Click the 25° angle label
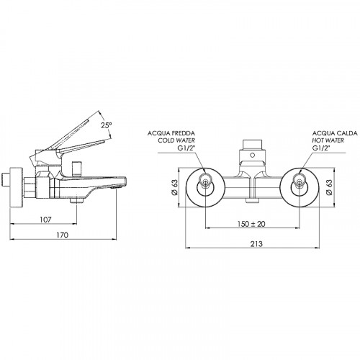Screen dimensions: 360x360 point(106,125)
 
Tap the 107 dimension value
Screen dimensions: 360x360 point(45,220)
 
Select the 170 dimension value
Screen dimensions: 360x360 point(63,235)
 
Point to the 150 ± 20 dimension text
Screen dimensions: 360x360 point(251,224)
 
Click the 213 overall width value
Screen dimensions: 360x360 point(256,244)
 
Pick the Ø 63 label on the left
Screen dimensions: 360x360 point(174,187)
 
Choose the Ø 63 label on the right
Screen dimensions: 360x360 point(330,187)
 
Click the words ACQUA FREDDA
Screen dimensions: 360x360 point(171,133)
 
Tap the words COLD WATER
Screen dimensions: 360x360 point(176,140)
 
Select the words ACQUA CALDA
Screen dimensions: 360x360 point(335,133)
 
